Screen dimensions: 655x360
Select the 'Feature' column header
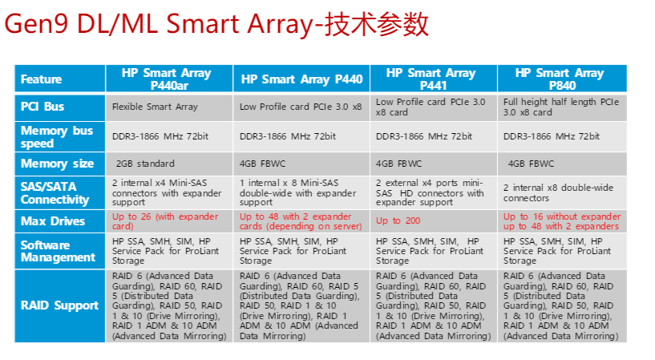tap(42, 79)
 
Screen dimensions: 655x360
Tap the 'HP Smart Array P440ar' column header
tap(166, 79)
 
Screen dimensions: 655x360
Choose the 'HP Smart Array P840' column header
tap(560, 79)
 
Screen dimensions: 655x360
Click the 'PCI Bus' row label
tap(42, 107)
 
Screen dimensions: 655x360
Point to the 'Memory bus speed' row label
tap(57, 136)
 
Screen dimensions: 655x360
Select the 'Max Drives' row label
tap(53, 221)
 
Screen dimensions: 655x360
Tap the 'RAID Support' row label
tap(59, 305)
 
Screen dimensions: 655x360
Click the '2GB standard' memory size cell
tap(145, 164)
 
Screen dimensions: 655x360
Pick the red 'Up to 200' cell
tap(398, 220)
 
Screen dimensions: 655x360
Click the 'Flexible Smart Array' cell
tap(155, 107)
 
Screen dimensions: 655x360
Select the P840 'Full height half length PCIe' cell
tap(561, 107)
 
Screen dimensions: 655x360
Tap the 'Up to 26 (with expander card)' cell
tap(165, 221)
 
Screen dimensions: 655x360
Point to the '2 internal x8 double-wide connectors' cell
tap(558, 192)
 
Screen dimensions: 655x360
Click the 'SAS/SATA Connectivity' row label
tap(55, 192)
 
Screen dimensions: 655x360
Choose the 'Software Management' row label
tap(58, 251)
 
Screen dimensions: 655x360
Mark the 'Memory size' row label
tap(57, 164)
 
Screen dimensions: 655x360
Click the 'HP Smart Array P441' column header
tap(431, 79)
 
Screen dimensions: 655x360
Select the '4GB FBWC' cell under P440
tap(262, 164)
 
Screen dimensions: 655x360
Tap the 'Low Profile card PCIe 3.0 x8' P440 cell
tap(301, 107)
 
